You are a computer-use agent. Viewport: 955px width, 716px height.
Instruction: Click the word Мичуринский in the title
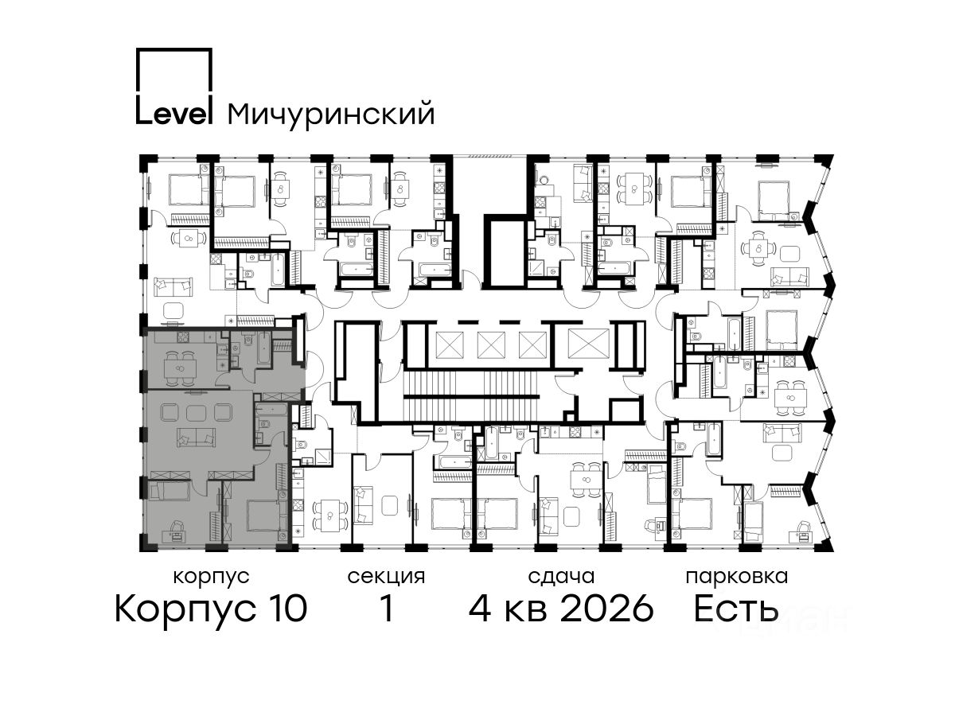coord(331,115)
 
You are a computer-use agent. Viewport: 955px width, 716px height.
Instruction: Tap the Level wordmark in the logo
coord(174,114)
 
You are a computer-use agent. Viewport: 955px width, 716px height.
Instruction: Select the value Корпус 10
coord(211,609)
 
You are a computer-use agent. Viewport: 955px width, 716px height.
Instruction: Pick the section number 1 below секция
coord(386,608)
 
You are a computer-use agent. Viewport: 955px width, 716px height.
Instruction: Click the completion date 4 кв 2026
coord(561,608)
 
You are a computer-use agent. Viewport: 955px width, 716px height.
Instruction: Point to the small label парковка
coord(737,577)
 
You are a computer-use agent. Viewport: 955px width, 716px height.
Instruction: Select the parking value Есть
coord(736,608)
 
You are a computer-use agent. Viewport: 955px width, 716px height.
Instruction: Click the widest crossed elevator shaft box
coord(588,344)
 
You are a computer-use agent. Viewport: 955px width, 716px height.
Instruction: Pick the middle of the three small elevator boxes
coord(491,344)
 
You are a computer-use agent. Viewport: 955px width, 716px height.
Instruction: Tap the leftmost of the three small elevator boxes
coord(450,344)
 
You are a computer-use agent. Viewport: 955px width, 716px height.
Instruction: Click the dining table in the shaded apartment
coord(181,368)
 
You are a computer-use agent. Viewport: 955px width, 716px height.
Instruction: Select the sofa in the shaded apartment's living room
coord(196,438)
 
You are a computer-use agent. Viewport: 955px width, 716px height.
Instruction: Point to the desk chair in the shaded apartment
coord(177,526)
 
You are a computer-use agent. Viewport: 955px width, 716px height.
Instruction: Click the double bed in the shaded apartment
coord(267,516)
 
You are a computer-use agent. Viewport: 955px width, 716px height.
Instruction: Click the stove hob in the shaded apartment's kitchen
coord(183,337)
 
